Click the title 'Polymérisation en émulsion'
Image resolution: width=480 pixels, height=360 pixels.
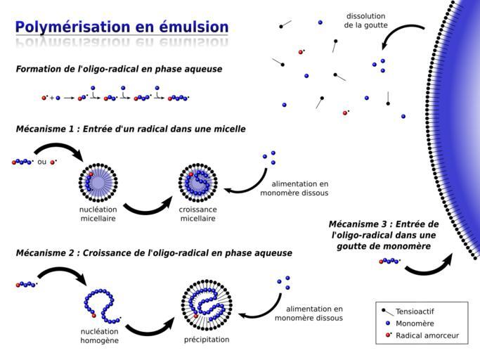pyautogui.click(x=122, y=27)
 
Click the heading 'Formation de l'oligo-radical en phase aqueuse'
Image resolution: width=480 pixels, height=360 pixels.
pyautogui.click(x=119, y=69)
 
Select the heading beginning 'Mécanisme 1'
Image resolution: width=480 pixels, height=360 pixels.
pyautogui.click(x=131, y=129)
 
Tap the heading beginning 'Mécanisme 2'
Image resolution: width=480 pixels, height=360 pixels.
pyautogui.click(x=154, y=253)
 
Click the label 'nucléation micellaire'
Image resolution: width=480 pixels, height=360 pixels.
pyautogui.click(x=98, y=214)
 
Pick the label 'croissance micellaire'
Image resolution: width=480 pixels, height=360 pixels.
pyautogui.click(x=198, y=214)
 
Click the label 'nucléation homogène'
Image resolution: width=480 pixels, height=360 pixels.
pyautogui.click(x=99, y=336)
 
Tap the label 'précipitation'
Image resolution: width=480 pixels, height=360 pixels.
pyautogui.click(x=207, y=340)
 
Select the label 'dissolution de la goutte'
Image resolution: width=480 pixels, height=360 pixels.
pyautogui.click(x=366, y=20)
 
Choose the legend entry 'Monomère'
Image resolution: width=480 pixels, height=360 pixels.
pyautogui.click(x=415, y=323)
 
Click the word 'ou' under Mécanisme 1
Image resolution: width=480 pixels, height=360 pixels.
pyautogui.click(x=41, y=162)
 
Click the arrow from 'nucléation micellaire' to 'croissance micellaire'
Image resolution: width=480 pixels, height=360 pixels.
pyautogui.click(x=148, y=205)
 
